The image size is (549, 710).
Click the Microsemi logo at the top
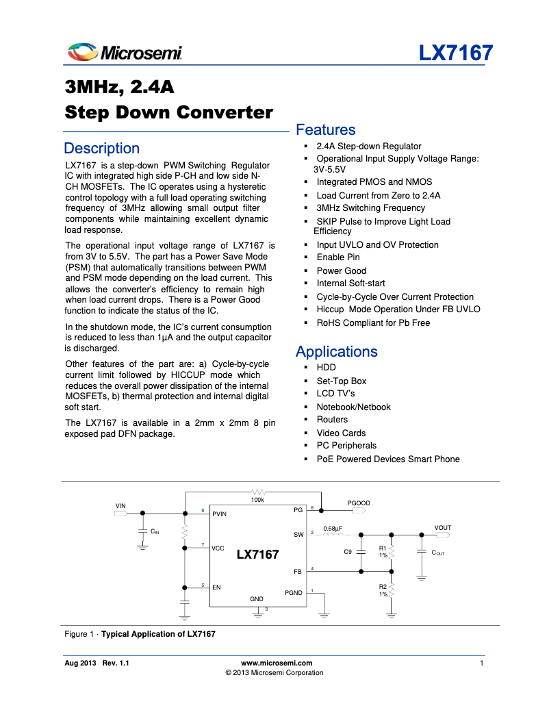124,52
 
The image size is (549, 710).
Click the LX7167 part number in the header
455,53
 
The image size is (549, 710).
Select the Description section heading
101,149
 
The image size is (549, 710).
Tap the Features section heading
325,130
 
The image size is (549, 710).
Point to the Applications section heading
336,352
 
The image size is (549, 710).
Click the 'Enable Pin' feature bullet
337,257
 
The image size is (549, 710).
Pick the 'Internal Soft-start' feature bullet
350,283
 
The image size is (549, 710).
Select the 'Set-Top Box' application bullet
341,381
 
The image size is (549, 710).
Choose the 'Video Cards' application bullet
341,433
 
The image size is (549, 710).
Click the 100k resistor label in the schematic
257,500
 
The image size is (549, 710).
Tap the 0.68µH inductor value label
333,529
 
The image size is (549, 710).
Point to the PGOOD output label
359,503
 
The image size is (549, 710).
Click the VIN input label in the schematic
120,506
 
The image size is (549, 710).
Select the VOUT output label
443,528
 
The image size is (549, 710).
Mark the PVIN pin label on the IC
219,514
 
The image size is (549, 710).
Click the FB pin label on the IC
298,571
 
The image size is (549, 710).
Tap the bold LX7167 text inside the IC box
257,555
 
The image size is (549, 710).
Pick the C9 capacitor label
348,551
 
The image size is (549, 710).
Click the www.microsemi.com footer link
277,663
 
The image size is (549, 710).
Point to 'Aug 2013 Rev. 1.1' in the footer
97,663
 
